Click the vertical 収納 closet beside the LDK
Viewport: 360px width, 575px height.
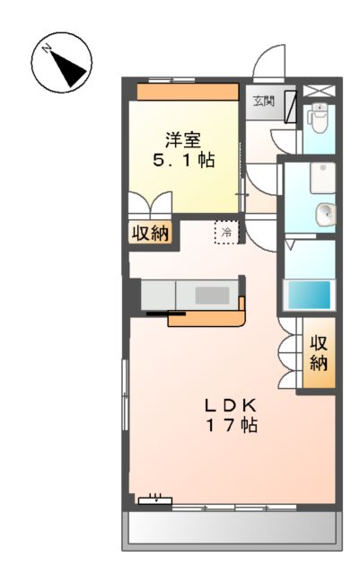(x=319, y=353)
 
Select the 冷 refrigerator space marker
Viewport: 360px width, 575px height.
(x=226, y=233)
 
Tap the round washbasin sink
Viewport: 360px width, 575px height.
(x=325, y=213)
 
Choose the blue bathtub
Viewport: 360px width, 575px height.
(x=308, y=295)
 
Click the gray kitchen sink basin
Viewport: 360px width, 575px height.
(x=212, y=294)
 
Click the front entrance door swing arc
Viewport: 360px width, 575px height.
(x=267, y=65)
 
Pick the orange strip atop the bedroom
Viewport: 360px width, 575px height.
(x=188, y=92)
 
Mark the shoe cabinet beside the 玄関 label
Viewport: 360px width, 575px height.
(x=289, y=107)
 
